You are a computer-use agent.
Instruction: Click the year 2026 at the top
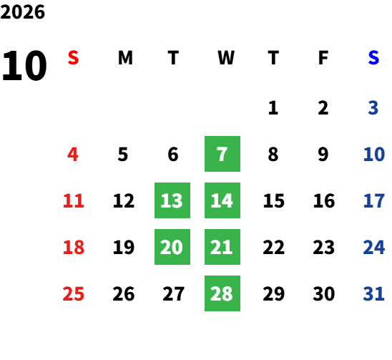tap(22, 12)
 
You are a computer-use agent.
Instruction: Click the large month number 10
tap(24, 66)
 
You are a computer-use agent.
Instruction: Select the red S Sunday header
tap(73, 58)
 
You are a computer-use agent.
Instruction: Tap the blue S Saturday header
tap(373, 58)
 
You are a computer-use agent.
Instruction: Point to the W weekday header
tap(226, 58)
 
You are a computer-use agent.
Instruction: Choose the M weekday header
tap(125, 58)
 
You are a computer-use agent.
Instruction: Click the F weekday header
tap(323, 58)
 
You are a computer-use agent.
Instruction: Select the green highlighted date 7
tap(222, 154)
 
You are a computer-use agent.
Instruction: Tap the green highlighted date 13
tap(172, 200)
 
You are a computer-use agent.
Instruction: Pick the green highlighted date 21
tap(222, 247)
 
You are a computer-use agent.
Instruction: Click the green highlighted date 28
tap(222, 293)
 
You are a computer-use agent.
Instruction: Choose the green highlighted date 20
tap(172, 247)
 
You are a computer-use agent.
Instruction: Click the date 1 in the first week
tap(273, 108)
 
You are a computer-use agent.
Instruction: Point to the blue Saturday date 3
tap(373, 108)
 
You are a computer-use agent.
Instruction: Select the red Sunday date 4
tap(73, 154)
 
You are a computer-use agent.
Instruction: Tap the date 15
tap(274, 200)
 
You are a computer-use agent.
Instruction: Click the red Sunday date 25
tap(73, 293)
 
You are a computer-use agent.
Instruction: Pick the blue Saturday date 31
tap(373, 293)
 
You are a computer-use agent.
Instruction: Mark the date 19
tap(124, 247)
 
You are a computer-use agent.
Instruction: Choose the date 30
tap(324, 293)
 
